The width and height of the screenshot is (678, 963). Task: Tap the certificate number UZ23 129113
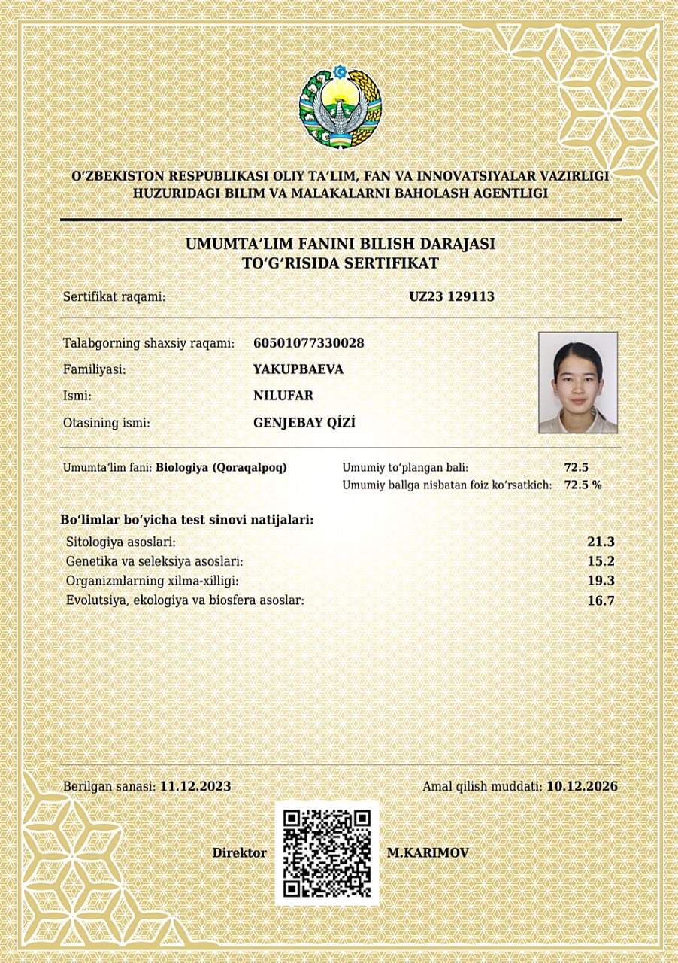pos(451,296)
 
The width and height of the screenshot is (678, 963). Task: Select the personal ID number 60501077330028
pos(309,343)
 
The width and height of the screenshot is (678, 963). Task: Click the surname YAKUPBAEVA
pos(298,369)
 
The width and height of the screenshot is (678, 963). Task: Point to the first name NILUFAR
pos(283,396)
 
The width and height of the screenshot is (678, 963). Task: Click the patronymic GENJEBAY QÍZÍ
pos(304,423)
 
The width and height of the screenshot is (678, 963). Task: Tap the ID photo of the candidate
pos(577,382)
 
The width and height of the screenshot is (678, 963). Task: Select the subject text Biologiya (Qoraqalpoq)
pos(221,467)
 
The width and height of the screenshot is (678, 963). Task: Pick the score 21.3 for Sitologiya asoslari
pos(601,542)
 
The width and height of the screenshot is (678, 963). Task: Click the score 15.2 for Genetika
pos(601,561)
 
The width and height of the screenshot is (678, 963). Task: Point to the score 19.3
pos(601,581)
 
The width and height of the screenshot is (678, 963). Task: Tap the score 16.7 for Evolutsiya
pos(601,600)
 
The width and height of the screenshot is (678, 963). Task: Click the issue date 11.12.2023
pos(195,786)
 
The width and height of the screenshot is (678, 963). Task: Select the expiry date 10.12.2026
pos(582,786)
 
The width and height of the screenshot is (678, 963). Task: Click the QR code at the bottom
pos(327,853)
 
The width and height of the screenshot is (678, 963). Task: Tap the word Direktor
pos(239,853)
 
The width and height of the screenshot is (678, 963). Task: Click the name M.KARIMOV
pos(428,853)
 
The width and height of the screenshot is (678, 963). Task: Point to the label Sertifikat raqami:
pos(114,297)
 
